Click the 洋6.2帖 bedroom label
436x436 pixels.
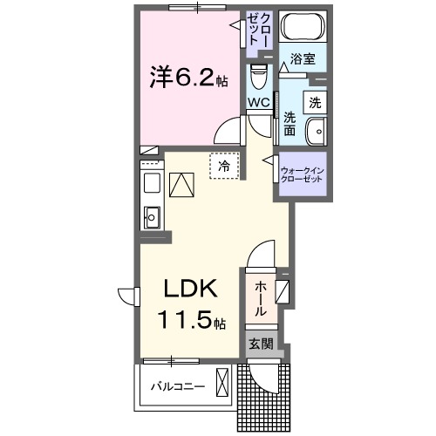(x=187, y=78)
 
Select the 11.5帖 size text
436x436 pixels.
(x=190, y=322)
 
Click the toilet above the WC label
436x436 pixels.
(x=259, y=79)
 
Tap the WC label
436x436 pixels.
(x=259, y=103)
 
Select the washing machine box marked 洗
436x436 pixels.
(x=314, y=101)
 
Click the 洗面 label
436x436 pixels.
(x=290, y=124)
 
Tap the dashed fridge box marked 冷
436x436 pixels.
(x=224, y=164)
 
